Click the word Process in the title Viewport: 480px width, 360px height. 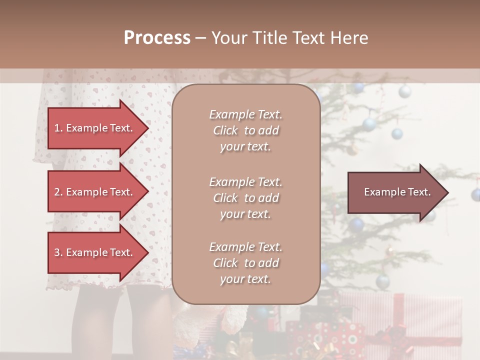[157, 38]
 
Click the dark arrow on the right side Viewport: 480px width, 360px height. [395, 192]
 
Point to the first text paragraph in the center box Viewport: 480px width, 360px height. [245, 130]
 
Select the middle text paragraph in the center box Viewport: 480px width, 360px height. [245, 198]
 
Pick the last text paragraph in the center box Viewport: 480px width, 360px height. [245, 263]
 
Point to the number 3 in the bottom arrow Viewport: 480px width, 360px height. [57, 252]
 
